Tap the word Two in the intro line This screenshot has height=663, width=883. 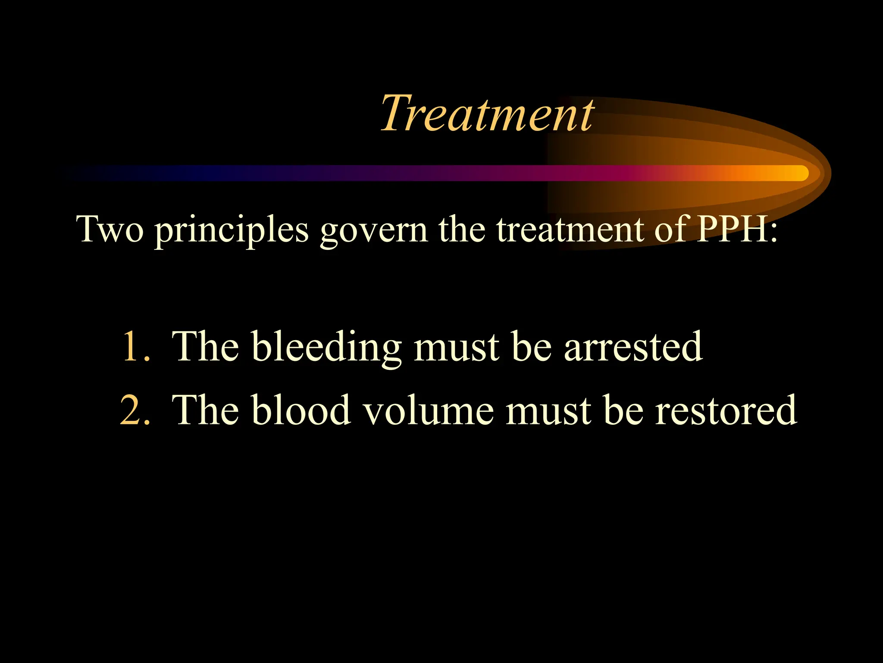pyautogui.click(x=110, y=229)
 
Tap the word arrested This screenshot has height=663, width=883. pyautogui.click(x=633, y=347)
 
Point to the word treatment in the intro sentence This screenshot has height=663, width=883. pyautogui.click(x=570, y=230)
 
